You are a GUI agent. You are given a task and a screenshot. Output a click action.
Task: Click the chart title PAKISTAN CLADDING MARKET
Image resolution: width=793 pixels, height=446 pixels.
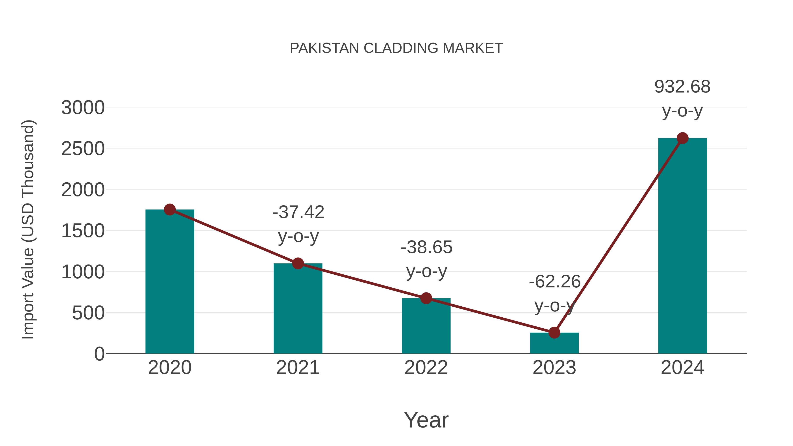[396, 48]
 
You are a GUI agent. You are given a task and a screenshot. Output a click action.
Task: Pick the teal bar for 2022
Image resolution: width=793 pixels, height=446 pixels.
[426, 326]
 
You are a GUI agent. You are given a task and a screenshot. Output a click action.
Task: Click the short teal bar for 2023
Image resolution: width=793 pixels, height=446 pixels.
[554, 343]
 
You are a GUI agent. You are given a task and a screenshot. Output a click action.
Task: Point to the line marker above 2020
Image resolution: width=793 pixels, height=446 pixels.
[170, 210]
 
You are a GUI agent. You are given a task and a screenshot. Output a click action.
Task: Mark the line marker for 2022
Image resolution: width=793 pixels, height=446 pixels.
[426, 298]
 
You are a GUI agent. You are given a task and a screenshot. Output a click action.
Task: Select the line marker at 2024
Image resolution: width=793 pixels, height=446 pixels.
[682, 138]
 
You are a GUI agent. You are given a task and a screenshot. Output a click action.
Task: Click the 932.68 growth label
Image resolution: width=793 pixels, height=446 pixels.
[682, 87]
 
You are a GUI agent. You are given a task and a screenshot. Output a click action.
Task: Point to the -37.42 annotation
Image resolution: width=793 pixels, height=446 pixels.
[298, 212]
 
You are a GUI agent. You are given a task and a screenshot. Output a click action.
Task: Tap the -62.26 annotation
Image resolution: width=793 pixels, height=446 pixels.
[554, 282]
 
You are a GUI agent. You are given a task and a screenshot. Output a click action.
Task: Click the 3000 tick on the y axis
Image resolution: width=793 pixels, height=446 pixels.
[83, 108]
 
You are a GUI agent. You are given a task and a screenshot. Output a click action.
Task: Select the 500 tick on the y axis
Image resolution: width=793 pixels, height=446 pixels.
[88, 313]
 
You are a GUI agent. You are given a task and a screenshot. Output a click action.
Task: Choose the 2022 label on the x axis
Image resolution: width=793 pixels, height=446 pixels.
[426, 368]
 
